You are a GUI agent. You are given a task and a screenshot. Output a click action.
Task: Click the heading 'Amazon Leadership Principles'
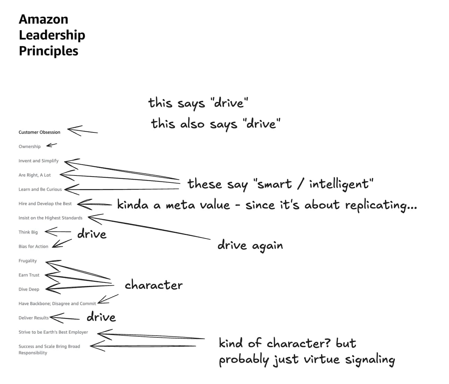coord(52,35)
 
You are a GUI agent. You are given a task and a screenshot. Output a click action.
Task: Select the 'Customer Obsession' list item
coord(39,132)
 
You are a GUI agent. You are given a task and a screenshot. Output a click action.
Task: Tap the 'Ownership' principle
coord(30,146)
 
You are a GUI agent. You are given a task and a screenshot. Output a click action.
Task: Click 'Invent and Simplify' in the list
coord(39,161)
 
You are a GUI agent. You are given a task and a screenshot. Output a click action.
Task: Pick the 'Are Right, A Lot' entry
coord(34,175)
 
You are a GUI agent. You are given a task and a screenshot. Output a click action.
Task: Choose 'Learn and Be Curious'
coord(40,189)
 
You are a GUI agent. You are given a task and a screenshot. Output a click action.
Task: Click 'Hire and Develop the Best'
coord(45,203)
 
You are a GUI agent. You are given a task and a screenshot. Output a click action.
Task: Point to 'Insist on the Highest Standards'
coord(50,218)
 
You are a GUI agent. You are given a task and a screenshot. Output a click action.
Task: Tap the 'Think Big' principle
coord(28,232)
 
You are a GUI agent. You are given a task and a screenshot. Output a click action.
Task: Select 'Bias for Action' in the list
coord(33,246)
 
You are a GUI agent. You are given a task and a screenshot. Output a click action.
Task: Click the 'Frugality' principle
coord(27,260)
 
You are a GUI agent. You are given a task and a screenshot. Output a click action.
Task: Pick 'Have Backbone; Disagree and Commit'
coord(57,303)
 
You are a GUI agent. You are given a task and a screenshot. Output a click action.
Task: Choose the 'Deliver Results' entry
coord(33,318)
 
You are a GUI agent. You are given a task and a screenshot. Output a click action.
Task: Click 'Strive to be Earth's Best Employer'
coord(53,332)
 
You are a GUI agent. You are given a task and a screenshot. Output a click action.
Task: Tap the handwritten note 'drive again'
coord(250,245)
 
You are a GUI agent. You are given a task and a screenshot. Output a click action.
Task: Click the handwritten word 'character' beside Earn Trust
coord(153,285)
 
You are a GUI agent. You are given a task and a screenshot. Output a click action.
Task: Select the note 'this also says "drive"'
coord(215,124)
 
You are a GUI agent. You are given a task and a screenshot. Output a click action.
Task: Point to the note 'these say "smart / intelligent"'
coord(280,184)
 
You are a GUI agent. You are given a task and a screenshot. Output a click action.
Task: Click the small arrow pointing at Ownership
coord(51,145)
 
